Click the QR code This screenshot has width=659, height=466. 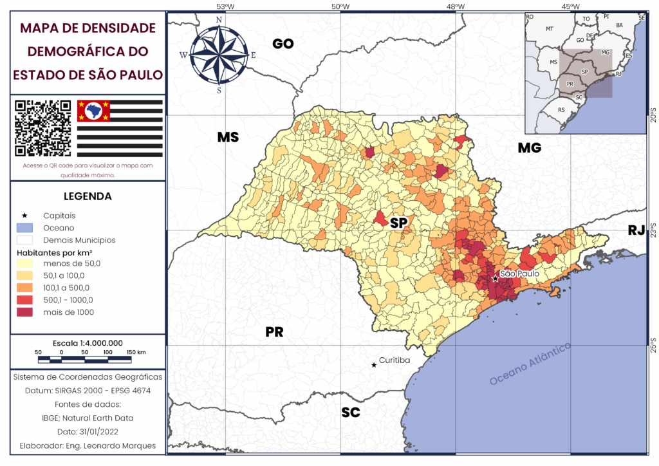pyautogui.click(x=43, y=128)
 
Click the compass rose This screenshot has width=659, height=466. pyautogui.click(x=219, y=54)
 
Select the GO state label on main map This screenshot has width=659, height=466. pyautogui.click(x=283, y=44)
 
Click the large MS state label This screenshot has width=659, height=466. pyautogui.click(x=227, y=138)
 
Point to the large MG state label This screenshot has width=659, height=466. pyautogui.click(x=529, y=148)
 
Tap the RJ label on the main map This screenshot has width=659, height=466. pyautogui.click(x=636, y=230)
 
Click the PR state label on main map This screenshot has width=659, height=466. pyautogui.click(x=274, y=332)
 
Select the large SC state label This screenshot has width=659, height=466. pyautogui.click(x=351, y=413)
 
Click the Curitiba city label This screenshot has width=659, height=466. pyautogui.click(x=394, y=360)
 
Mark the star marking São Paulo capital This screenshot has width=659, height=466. pyautogui.click(x=494, y=278)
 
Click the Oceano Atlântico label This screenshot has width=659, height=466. pyautogui.click(x=530, y=364)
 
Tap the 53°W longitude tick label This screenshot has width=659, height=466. pyautogui.click(x=225, y=6)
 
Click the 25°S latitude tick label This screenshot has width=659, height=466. pyautogui.click(x=653, y=346)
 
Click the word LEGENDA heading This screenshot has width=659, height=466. pyautogui.click(x=88, y=196)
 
